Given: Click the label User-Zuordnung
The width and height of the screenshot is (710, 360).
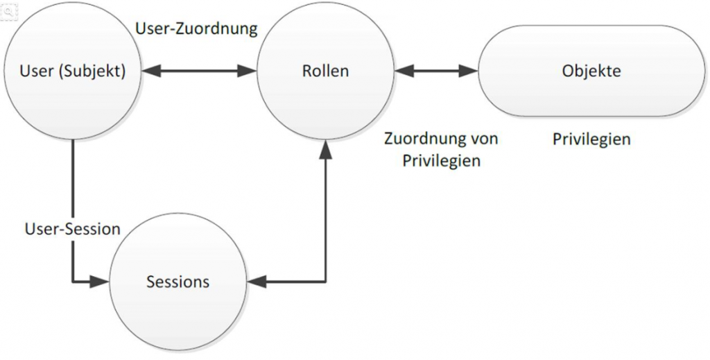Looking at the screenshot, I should click(x=196, y=29).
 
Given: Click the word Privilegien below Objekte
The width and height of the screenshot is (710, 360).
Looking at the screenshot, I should click(x=591, y=139).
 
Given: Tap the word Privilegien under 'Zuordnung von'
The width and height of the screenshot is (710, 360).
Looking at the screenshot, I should click(x=442, y=160).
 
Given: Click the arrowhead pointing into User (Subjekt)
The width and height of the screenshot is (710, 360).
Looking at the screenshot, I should click(x=152, y=71).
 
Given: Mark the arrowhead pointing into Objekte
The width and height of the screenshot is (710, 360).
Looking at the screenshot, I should click(x=472, y=71).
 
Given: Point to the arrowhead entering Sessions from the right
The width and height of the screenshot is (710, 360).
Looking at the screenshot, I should click(x=254, y=282).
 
